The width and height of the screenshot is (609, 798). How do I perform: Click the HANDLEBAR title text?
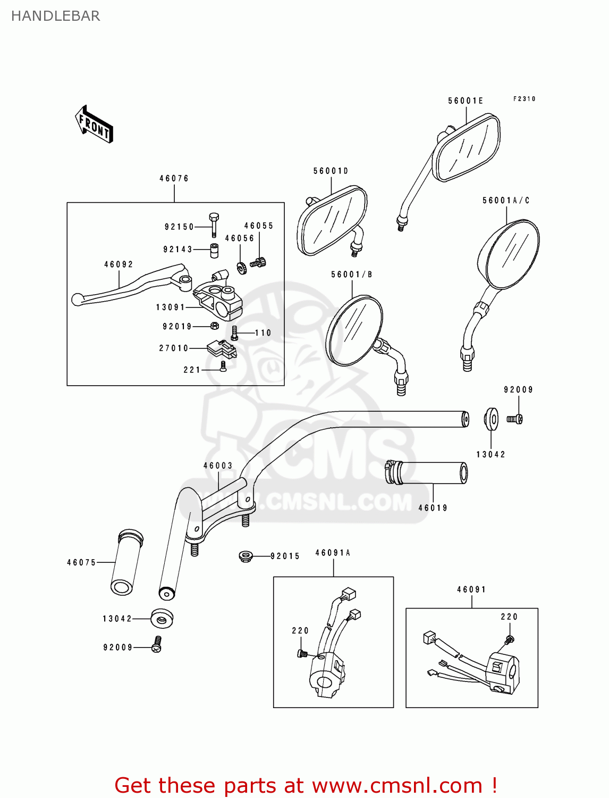pos(55,16)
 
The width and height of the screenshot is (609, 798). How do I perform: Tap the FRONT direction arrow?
pos(94,124)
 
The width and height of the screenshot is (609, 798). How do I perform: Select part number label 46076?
pos(174,179)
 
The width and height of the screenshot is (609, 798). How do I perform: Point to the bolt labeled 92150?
pos(214,225)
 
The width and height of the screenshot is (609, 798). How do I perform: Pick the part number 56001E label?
pos(466,101)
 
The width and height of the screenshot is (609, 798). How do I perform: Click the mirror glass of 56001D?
pos(332,219)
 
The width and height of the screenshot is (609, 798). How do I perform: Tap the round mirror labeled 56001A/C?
pos(509,254)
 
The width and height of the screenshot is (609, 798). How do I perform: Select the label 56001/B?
pos(351,275)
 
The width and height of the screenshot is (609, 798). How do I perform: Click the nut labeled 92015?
pos(245,556)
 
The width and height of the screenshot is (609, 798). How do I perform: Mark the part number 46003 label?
pos(218,465)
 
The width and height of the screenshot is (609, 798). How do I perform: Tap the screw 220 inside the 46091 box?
pos(509,639)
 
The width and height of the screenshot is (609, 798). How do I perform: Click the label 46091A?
pos(333,553)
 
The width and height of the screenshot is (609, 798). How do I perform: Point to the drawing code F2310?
pos(524,99)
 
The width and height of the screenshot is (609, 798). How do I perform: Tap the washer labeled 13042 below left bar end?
pos(162,618)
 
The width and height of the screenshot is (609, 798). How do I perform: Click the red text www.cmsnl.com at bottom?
pos(397,785)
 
